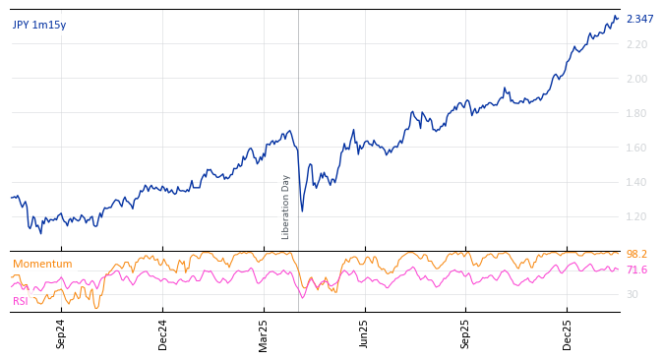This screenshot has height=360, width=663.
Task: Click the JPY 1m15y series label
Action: click(x=39, y=26)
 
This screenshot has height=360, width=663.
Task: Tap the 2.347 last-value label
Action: click(x=639, y=20)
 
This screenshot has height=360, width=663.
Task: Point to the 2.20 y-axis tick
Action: click(x=636, y=45)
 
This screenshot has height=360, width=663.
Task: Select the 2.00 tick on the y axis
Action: click(x=636, y=80)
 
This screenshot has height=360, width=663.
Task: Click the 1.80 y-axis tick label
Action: click(x=636, y=114)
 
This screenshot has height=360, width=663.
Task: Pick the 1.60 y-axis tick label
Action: click(x=636, y=149)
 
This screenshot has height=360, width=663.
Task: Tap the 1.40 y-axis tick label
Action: click(x=636, y=183)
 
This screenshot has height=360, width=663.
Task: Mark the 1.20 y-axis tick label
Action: click(x=636, y=217)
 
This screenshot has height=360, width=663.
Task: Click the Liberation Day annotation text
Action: click(x=286, y=207)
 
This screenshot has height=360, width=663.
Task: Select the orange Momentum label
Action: click(x=42, y=265)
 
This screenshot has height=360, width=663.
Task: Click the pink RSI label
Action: click(x=21, y=301)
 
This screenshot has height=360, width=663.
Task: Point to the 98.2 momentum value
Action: click(x=636, y=255)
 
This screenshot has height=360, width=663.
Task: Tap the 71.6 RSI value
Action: click(x=636, y=270)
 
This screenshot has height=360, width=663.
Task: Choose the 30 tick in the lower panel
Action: click(x=632, y=295)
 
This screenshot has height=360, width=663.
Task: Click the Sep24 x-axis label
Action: click(x=61, y=333)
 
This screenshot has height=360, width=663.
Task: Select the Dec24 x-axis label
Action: click(x=163, y=333)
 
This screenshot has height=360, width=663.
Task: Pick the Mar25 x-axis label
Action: click(x=264, y=333)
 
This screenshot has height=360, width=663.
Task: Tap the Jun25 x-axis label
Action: click(x=364, y=333)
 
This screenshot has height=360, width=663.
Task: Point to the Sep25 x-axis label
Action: click(x=466, y=333)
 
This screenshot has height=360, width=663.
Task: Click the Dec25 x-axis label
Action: click(x=568, y=333)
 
